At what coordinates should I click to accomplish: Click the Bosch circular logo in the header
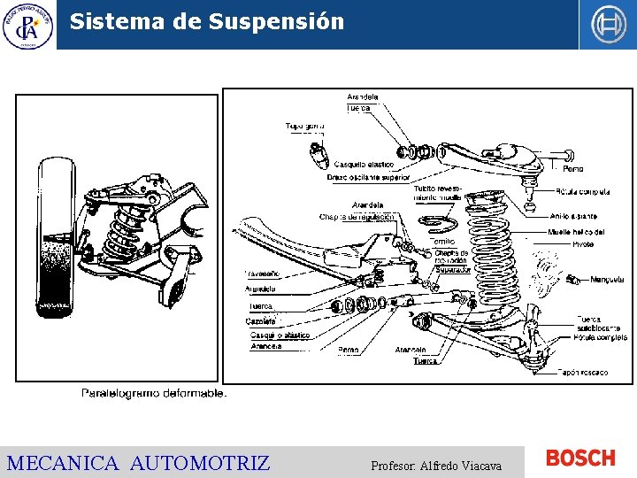(608, 24)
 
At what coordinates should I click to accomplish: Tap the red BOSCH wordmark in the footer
(580, 458)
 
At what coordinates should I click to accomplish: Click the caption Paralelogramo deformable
(154, 393)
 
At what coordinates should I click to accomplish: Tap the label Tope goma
(304, 127)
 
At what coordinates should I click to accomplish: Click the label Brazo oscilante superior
(368, 177)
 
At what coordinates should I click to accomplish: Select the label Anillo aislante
(572, 216)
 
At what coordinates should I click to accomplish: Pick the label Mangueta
(608, 280)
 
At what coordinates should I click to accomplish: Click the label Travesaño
(263, 274)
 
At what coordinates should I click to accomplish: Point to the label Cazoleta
(261, 321)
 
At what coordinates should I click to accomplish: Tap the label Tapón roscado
(582, 373)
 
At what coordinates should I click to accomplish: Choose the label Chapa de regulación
(357, 217)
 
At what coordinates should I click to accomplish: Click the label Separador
(453, 270)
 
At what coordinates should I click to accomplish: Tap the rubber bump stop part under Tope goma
(318, 154)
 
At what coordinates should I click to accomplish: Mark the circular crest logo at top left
(27, 25)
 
